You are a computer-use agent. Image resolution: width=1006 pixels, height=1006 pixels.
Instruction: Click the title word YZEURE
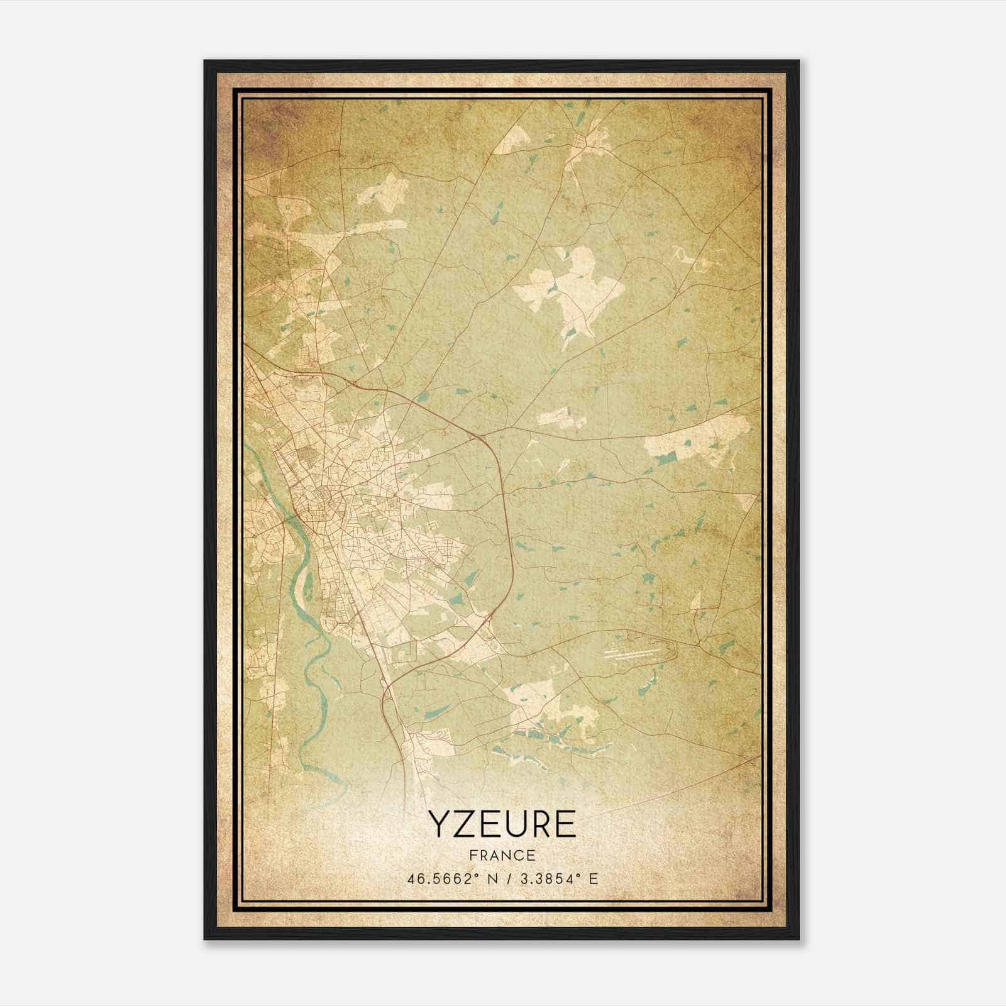click(x=502, y=824)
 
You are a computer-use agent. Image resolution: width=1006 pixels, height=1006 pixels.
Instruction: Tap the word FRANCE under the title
click(x=502, y=855)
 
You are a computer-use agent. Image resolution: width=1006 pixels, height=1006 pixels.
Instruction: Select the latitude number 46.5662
click(x=437, y=878)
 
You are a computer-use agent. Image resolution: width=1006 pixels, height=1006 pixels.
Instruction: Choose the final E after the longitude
click(x=594, y=878)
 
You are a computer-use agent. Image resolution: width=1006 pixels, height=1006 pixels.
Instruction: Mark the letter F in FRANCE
click(x=472, y=855)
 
